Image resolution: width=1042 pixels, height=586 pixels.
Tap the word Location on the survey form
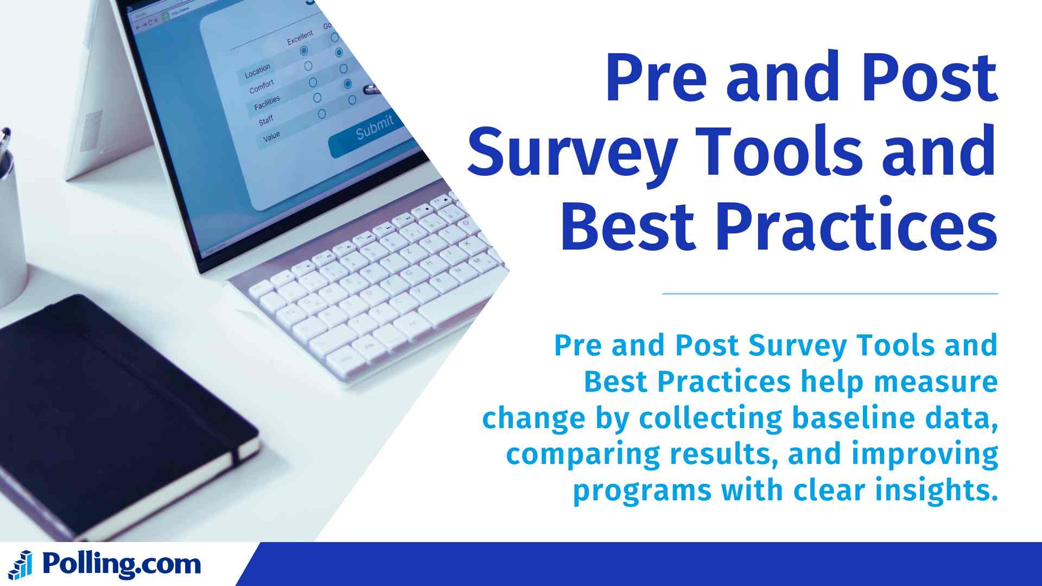tap(257, 71)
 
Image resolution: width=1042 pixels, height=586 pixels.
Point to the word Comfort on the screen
tap(262, 87)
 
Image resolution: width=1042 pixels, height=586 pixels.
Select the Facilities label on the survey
tap(267, 103)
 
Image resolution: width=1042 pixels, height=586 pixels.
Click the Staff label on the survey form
tap(266, 120)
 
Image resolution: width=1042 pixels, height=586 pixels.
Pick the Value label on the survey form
tap(271, 136)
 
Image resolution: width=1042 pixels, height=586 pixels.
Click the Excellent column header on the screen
tap(300, 37)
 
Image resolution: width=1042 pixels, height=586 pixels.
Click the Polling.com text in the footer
tap(121, 565)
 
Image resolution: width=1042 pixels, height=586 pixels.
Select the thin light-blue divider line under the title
tap(830, 294)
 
